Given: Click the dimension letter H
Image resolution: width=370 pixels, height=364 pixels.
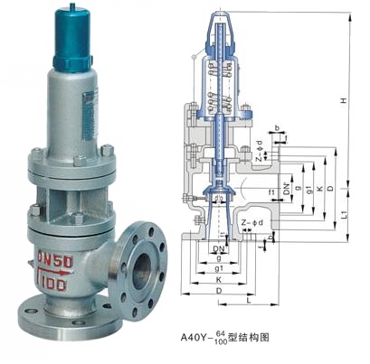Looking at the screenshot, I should pyautogui.click(x=344, y=100).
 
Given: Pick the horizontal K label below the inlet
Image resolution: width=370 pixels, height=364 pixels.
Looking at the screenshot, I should pyautogui.click(x=221, y=281).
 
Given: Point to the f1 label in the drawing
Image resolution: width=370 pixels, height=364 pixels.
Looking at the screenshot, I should pyautogui.click(x=272, y=191).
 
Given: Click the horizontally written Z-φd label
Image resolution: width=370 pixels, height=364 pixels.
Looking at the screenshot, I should pyautogui.click(x=251, y=222).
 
